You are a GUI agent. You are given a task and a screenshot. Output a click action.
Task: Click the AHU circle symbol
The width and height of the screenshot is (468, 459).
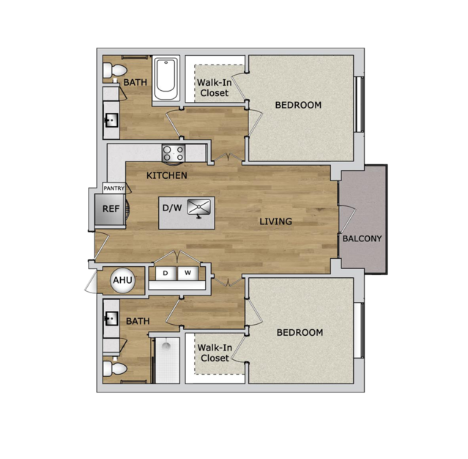click(x=122, y=280)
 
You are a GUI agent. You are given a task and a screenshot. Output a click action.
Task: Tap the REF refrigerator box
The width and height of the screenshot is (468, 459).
click(x=110, y=209)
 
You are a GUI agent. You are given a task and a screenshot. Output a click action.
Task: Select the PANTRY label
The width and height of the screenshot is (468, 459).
click(x=114, y=188)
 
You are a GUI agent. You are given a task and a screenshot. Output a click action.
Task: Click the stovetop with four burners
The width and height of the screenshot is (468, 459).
click(x=173, y=153)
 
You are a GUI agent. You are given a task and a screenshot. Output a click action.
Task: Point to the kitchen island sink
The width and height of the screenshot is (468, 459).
click(x=198, y=207)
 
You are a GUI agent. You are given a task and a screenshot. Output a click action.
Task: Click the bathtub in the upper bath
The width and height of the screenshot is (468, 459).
click(x=166, y=79)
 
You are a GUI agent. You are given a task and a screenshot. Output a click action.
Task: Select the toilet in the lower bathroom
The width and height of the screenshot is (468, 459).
click(x=114, y=368)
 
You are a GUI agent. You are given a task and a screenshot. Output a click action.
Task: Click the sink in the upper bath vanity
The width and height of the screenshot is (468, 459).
click(x=111, y=120)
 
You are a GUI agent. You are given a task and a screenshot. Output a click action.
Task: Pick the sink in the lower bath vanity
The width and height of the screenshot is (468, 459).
click(x=111, y=318)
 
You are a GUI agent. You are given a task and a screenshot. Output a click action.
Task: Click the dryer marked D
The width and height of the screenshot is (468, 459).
click(x=166, y=273)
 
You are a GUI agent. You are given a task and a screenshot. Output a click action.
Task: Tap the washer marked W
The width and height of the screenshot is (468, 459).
click(x=187, y=273)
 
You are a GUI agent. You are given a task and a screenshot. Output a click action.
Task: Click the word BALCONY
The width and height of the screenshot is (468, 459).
click(x=362, y=238)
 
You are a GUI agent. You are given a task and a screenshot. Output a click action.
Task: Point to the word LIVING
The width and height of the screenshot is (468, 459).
click(x=275, y=221)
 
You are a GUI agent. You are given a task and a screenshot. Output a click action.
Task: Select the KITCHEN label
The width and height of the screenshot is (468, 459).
click(x=167, y=175)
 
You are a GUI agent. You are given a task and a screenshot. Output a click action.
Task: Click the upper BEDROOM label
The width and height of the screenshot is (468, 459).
click(x=298, y=105)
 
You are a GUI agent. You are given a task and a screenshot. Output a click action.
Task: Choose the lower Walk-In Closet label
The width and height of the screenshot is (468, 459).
click(x=215, y=353)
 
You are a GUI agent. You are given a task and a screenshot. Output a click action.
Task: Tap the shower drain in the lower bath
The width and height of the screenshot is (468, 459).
click(x=166, y=346)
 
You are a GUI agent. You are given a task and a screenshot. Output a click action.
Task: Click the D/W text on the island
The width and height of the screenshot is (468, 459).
click(x=172, y=208)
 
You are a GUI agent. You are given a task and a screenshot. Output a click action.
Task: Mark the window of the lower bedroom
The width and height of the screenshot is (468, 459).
click(x=359, y=330)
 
